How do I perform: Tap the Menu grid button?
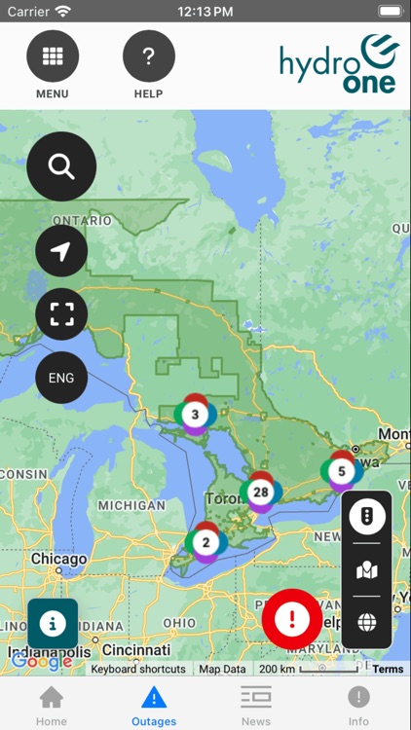coord(53,56)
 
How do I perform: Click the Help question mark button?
coord(148,56)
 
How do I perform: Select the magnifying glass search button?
coord(61,166)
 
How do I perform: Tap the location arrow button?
coord(61,251)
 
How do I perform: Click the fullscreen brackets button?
coord(61,313)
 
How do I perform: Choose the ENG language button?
coord(61,378)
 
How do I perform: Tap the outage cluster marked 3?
coord(196,415)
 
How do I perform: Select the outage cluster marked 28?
coord(260,493)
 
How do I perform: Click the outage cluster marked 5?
coord(341,472)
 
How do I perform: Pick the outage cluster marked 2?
coord(205,542)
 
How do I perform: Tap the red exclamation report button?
coord(291,619)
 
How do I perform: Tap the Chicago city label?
coord(58,560)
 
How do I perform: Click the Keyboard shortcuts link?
coord(138,670)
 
